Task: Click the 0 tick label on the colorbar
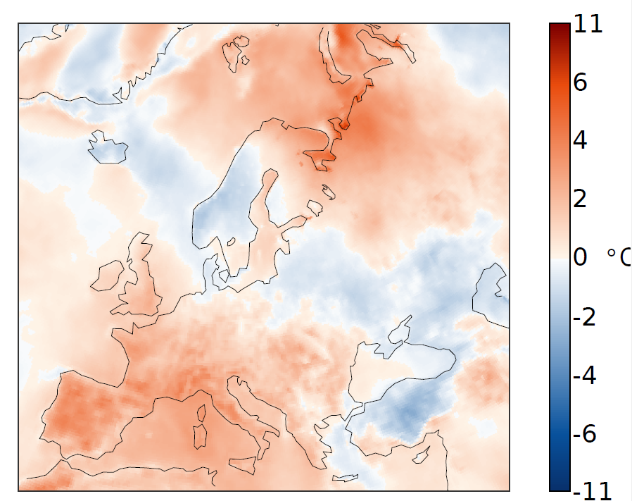coord(581,258)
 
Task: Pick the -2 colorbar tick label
coord(585,317)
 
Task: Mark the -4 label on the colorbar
coord(585,376)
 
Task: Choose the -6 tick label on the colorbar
coord(585,434)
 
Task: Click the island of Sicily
coord(244,465)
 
